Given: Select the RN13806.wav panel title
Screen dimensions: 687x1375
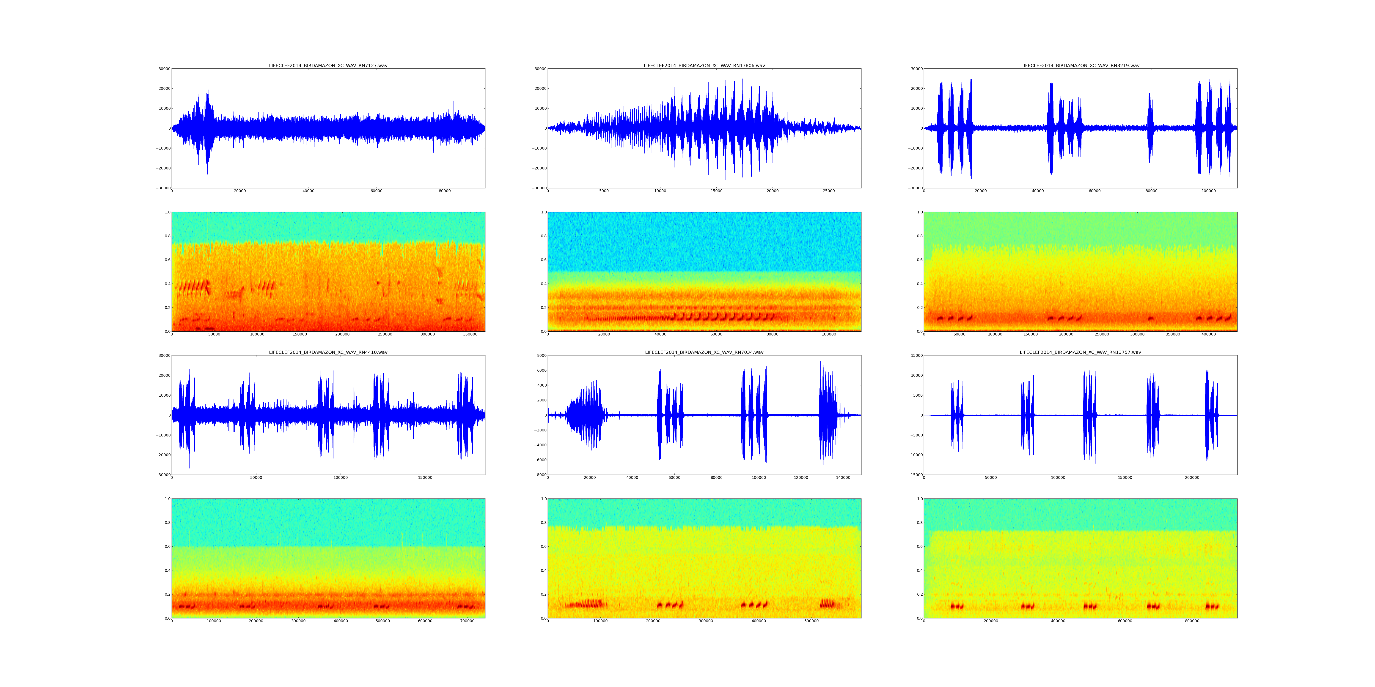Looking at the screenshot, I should click(704, 65).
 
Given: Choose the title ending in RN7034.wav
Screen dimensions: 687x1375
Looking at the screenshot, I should click(704, 352).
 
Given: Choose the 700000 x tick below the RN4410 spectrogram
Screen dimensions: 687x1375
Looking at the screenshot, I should click(467, 621).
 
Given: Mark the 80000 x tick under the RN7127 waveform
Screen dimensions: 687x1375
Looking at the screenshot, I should click(445, 191).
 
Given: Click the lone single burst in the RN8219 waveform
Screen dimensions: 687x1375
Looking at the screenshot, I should click(1150, 128).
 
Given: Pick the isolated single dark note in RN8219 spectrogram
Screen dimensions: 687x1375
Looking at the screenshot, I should click(1150, 319).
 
